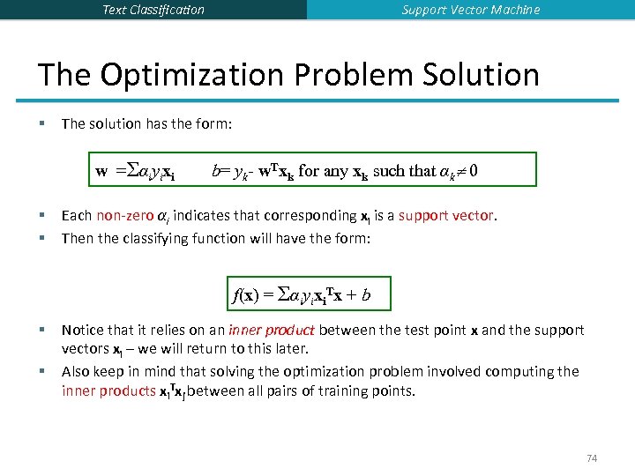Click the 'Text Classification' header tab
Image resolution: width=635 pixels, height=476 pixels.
(x=153, y=10)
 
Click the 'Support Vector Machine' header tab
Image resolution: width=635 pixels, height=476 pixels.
(x=471, y=10)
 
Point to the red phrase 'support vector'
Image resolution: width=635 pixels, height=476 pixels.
(x=446, y=216)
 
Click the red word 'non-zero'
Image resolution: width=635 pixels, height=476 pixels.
(x=124, y=216)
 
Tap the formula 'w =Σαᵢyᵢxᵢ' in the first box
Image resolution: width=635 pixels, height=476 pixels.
(x=135, y=171)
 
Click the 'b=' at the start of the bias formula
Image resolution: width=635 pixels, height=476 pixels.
(x=219, y=171)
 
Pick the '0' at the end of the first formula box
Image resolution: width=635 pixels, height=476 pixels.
(x=474, y=171)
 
